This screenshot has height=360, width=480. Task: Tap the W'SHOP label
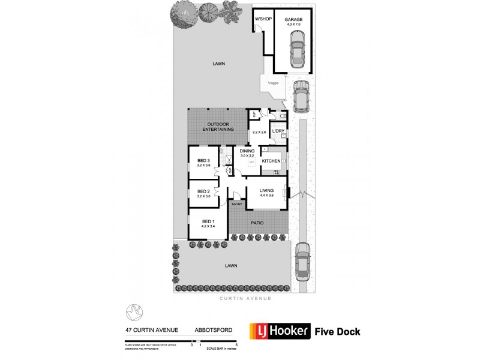coord(263,19)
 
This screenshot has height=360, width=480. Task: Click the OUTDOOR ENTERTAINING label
coord(218,126)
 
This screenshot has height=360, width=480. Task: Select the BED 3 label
coord(203,160)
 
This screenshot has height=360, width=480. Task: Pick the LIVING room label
coord(266,191)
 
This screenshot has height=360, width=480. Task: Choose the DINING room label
coord(248,151)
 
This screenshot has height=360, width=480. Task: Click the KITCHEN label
coord(272,161)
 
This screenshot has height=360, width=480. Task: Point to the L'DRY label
coord(278,131)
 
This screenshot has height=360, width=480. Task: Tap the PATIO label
coord(257,223)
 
